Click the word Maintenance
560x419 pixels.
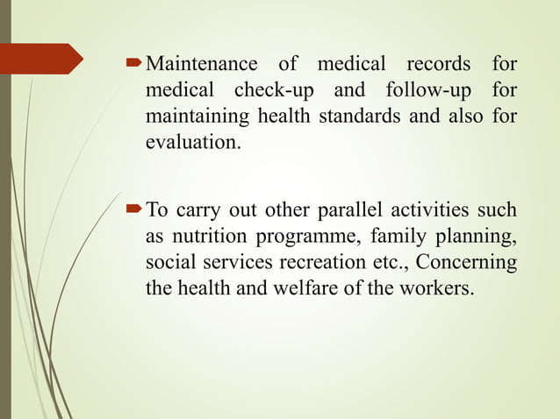(201, 65)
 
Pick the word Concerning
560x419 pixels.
(470, 262)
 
